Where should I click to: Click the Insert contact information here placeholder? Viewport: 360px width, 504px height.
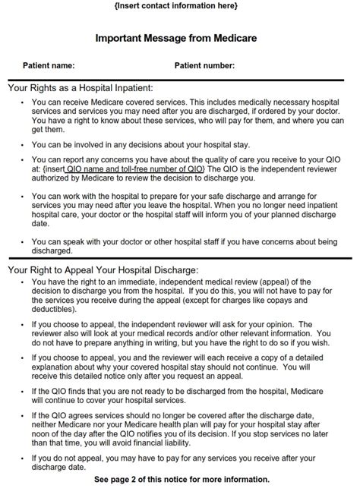[x=180, y=7]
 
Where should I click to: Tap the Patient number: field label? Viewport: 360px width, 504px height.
[x=204, y=66]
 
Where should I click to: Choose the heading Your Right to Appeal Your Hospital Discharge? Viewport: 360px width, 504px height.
[x=103, y=269]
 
